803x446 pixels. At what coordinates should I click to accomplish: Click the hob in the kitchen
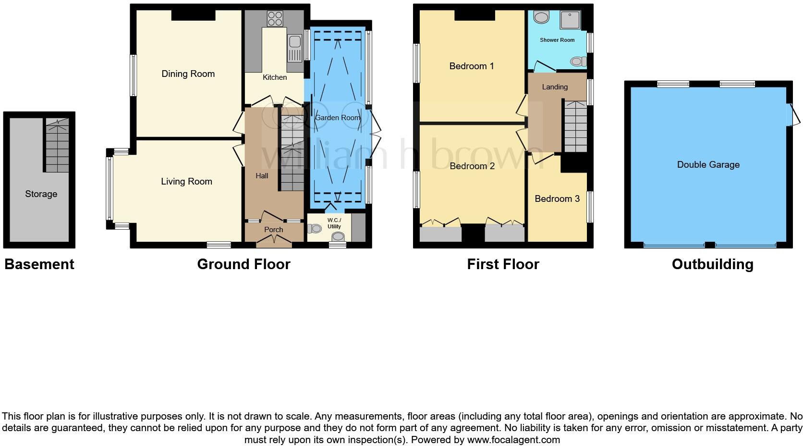275,18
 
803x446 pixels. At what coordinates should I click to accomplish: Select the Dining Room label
188,74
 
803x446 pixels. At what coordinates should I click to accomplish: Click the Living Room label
186,181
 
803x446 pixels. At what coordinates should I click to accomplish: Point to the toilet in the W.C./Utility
339,236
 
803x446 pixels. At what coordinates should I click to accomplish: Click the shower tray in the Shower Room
570,20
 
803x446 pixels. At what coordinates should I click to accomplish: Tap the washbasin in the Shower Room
542,18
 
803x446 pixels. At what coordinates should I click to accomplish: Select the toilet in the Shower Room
578,61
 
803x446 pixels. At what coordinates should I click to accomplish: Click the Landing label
555,87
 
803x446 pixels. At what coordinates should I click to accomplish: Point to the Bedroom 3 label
557,198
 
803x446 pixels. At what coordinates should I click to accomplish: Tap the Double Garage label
708,164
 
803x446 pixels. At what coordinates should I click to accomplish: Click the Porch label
273,230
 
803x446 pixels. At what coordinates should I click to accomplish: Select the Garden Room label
337,117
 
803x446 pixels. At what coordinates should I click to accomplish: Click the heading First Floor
503,264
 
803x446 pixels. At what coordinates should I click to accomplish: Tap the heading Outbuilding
712,264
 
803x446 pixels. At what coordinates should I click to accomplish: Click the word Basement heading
39,264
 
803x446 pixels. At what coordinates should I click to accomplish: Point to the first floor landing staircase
575,127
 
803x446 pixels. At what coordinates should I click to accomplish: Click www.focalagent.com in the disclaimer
513,439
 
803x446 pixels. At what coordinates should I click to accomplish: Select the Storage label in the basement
41,194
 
